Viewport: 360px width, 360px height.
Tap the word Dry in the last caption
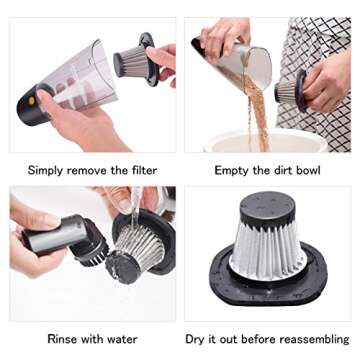pyautogui.click(x=198, y=339)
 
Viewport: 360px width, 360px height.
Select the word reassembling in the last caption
pyautogui.click(x=308, y=339)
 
